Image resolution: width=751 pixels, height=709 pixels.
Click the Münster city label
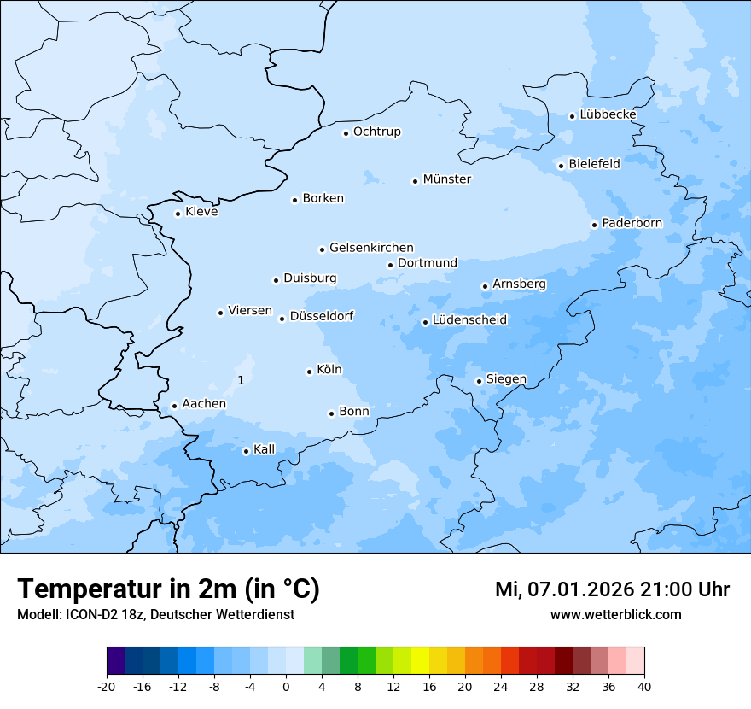click(x=446, y=179)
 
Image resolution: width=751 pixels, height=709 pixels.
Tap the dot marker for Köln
click(x=309, y=372)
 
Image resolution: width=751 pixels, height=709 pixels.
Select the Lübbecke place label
click(x=608, y=114)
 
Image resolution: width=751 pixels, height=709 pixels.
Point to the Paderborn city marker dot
click(x=594, y=225)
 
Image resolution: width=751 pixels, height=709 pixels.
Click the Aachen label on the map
click(x=204, y=404)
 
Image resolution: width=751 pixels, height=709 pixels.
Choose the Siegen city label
click(x=506, y=379)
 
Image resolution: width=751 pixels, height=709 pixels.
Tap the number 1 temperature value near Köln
click(x=241, y=380)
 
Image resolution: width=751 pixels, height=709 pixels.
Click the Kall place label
click(x=264, y=449)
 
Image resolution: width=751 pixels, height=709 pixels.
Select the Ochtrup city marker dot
click(x=346, y=132)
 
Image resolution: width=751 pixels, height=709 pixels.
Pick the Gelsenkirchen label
click(x=371, y=248)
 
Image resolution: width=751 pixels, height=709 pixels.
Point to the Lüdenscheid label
click(x=469, y=320)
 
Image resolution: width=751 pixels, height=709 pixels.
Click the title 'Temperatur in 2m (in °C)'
click(x=168, y=589)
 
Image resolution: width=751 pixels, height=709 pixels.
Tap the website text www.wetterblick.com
click(x=615, y=615)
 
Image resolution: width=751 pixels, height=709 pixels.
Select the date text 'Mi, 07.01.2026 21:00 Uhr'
click(x=612, y=589)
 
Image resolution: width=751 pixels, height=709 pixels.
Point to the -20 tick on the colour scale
click(x=107, y=686)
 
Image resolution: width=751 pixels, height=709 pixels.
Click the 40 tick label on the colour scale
click(x=644, y=686)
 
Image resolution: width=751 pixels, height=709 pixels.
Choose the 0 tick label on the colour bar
click(x=286, y=686)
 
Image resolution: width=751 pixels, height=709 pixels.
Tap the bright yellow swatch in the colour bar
click(x=420, y=661)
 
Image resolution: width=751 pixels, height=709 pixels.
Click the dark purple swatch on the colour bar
click(x=116, y=661)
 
